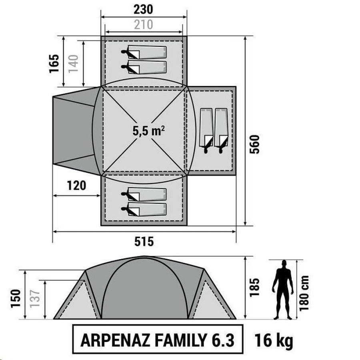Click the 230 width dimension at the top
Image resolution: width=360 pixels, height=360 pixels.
(143, 10)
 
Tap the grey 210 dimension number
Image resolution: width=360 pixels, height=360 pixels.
(144, 24)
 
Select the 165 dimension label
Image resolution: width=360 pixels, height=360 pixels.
(54, 64)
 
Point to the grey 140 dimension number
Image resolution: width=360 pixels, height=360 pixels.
(74, 64)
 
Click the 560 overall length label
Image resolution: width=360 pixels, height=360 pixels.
(254, 144)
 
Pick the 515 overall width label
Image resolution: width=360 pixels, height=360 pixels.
(144, 242)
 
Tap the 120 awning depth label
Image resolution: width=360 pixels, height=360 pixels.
(77, 186)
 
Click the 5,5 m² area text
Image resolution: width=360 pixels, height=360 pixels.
(148, 131)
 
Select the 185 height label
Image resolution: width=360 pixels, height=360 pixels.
(254, 288)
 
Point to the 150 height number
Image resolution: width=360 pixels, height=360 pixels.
(16, 298)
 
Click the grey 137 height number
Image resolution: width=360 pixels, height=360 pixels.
(35, 298)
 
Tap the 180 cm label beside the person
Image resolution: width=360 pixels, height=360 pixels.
(304, 293)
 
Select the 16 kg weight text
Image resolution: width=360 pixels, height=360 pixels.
(274, 340)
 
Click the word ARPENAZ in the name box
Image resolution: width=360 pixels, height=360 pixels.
(116, 340)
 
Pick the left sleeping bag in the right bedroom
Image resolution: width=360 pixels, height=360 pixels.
(206, 131)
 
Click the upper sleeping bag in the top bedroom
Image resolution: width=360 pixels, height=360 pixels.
(144, 52)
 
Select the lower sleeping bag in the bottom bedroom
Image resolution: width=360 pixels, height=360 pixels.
(144, 209)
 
